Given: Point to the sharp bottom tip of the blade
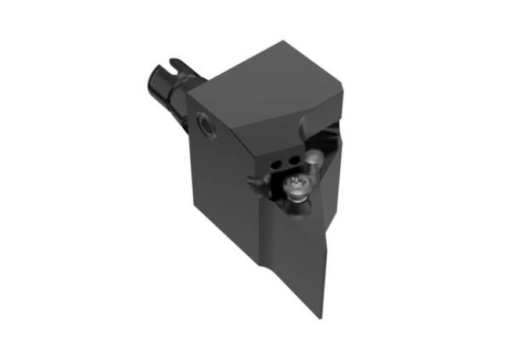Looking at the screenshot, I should pos(320,317).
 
